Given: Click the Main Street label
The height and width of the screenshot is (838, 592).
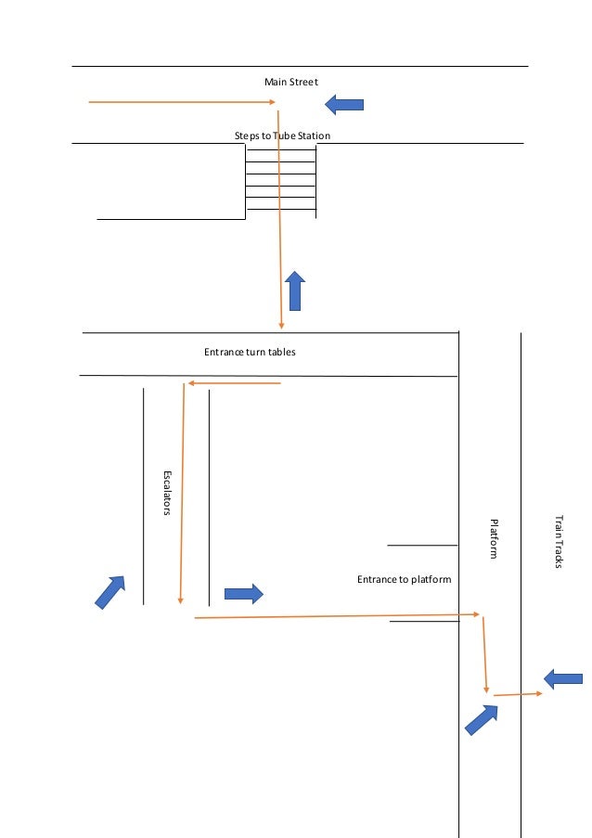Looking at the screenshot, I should [291, 83].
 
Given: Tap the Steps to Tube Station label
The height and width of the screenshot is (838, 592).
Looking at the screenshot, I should [282, 136].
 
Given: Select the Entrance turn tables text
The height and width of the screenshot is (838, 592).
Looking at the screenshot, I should [250, 353].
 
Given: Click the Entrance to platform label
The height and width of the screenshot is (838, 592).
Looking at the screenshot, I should [404, 579].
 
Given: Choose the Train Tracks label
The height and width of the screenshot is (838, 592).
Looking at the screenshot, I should [559, 542].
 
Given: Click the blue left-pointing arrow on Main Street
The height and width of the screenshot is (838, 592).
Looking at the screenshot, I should [344, 105].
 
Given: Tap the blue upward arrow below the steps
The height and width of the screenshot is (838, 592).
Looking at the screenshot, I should [295, 290].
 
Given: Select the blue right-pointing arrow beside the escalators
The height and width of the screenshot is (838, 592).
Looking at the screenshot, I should [244, 593].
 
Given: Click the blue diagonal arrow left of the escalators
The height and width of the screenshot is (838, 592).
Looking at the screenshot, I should [110, 591].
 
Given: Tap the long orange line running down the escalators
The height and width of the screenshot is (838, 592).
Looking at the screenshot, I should [182, 492].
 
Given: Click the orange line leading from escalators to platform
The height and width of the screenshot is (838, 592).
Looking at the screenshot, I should [334, 615].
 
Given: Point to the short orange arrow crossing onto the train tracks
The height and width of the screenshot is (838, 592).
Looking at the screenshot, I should [518, 694].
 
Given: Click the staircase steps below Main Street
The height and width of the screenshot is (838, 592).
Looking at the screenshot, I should [280, 180].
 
